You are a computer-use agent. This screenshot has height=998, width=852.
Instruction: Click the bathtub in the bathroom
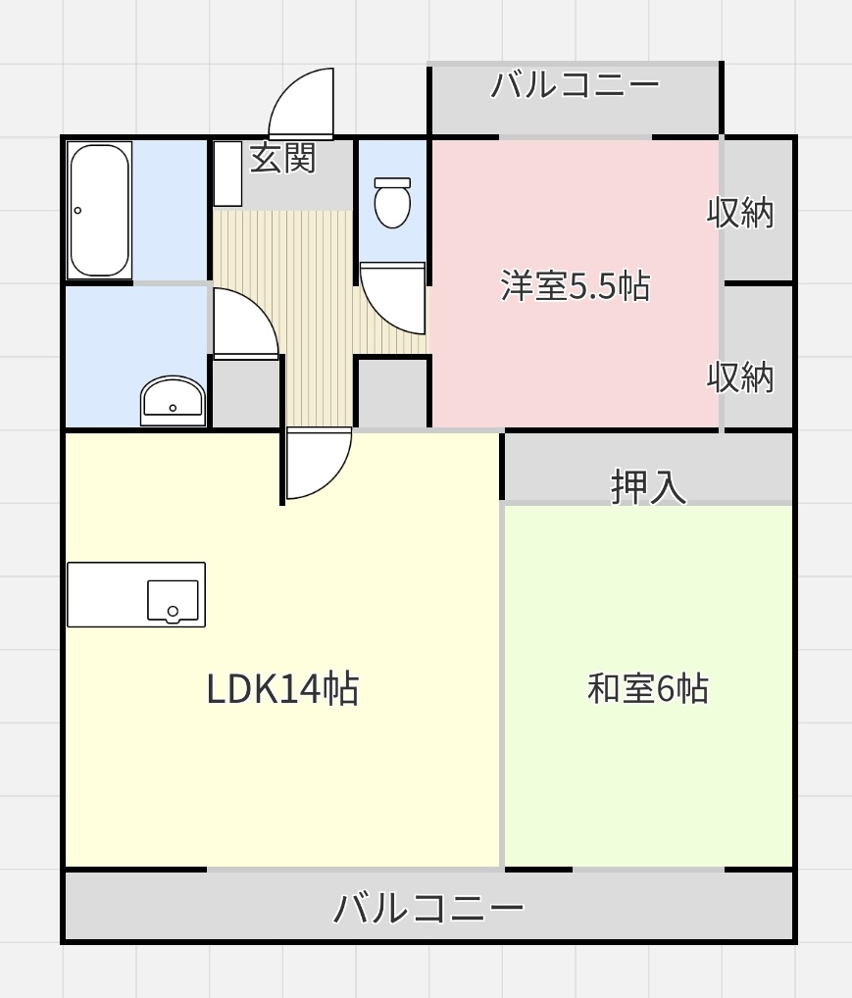point(99,211)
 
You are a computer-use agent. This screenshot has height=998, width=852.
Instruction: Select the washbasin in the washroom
point(173,400)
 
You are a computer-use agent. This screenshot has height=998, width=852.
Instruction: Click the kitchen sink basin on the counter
point(173,600)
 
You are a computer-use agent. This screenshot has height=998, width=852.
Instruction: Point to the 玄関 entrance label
point(282,158)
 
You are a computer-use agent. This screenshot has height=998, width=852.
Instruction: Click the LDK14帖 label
point(282,688)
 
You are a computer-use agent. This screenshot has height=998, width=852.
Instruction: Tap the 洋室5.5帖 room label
point(575,286)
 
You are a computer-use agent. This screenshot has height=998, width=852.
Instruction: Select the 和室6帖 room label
point(648,688)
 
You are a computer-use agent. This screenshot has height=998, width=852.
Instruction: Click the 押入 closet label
point(648,487)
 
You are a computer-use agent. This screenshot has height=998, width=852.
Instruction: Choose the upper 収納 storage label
point(740,213)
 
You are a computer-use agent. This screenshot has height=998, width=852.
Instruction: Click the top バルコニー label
point(575,84)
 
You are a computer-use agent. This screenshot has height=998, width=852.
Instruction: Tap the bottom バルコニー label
point(428,907)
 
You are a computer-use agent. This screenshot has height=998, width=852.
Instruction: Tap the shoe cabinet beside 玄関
point(227,174)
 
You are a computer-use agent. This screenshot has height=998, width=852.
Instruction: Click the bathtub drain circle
point(77,211)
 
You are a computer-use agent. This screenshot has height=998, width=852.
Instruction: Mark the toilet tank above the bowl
point(392,182)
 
